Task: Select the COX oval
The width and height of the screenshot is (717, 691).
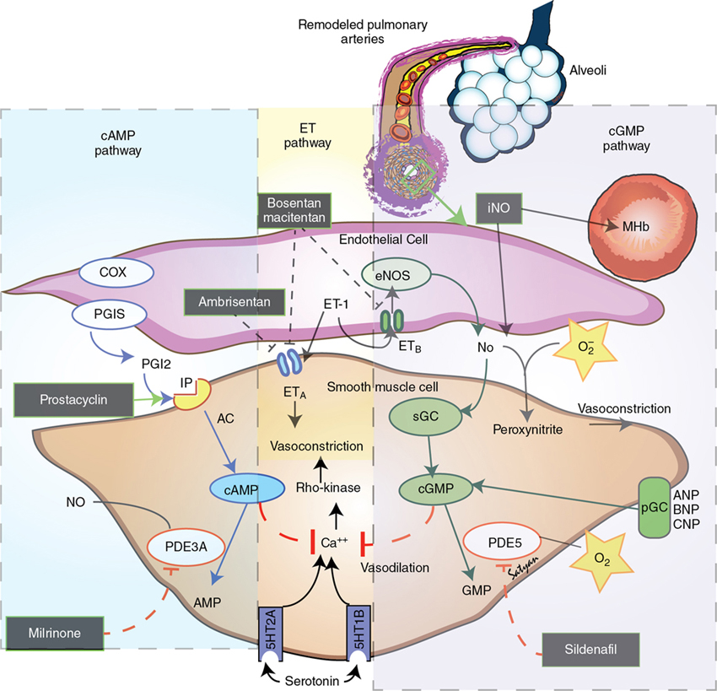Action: (116, 273)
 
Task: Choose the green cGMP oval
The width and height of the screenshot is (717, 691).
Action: (430, 490)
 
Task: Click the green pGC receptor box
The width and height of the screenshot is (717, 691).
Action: (651, 508)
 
